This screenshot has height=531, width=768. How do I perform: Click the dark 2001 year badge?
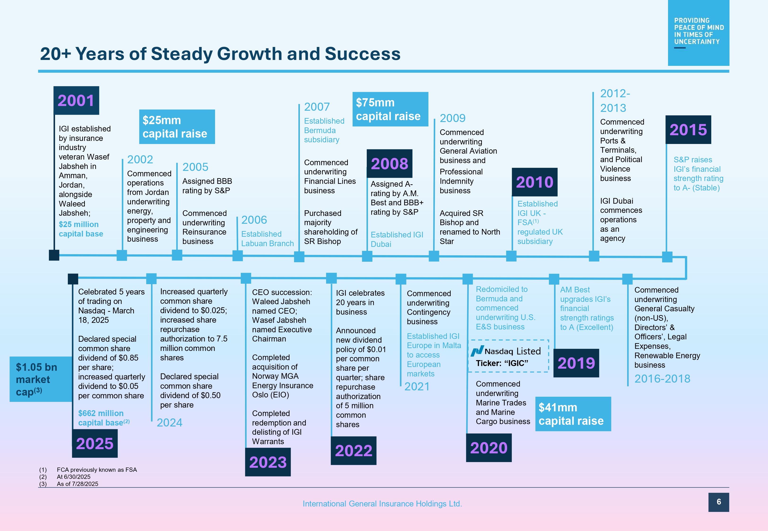(x=76, y=101)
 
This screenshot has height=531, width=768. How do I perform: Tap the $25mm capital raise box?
(x=177, y=127)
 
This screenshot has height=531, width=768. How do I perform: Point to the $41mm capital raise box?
(x=573, y=414)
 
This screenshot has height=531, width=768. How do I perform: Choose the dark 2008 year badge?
(x=389, y=163)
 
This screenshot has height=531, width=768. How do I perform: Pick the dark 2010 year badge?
(x=535, y=182)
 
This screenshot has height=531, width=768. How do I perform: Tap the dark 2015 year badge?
(x=688, y=130)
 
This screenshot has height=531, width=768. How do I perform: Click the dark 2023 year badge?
(x=268, y=462)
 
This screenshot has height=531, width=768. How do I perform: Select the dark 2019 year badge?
(x=576, y=363)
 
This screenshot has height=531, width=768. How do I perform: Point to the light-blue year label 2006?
(x=254, y=220)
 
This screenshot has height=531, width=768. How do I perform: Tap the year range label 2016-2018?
(x=662, y=379)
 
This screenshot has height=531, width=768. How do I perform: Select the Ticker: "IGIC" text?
(x=502, y=363)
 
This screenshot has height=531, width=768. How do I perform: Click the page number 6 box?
(x=718, y=502)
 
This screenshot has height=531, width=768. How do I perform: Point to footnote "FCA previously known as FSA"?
(x=97, y=470)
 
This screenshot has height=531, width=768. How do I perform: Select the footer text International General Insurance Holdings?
(x=382, y=504)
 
